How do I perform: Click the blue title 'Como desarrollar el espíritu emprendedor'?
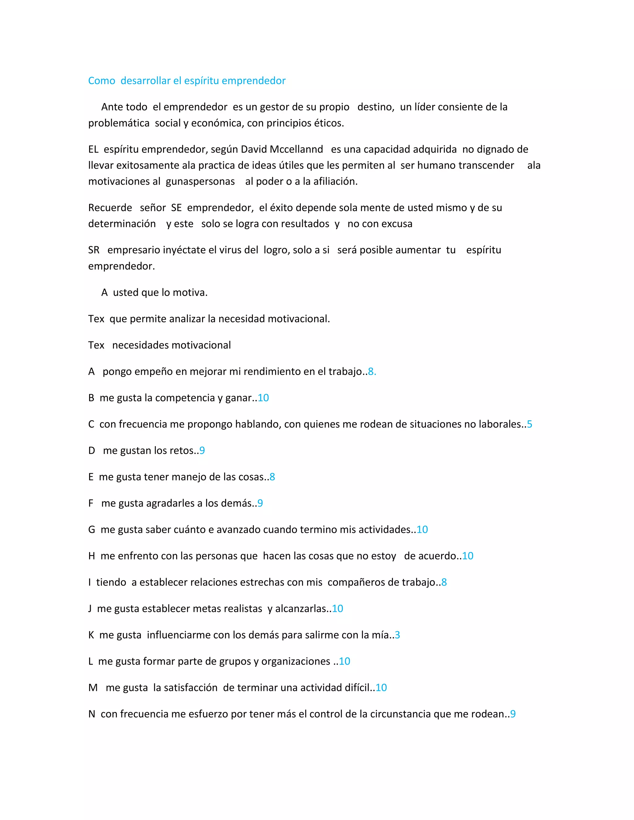(187, 81)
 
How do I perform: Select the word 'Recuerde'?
(110, 208)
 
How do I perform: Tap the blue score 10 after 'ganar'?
(263, 398)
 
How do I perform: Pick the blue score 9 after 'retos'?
(202, 451)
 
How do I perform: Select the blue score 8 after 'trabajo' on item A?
(371, 372)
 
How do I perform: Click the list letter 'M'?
(93, 688)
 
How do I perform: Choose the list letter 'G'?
(92, 529)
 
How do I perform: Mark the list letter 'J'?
(90, 609)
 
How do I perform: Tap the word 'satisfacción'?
(190, 688)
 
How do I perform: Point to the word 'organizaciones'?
(296, 661)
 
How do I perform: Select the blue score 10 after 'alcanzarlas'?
(337, 609)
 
